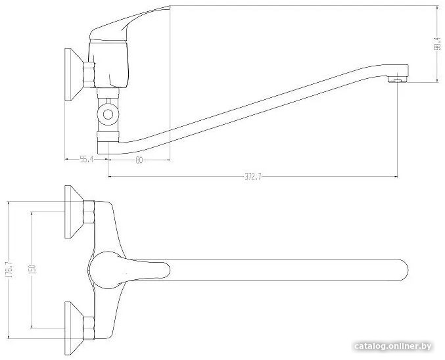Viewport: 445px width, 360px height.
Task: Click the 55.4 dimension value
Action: pyautogui.click(x=87, y=160)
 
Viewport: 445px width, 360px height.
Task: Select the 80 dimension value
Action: pyautogui.click(x=139, y=160)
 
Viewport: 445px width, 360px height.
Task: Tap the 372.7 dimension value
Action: pyautogui.click(x=253, y=177)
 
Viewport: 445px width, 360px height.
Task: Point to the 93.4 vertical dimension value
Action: pyautogui.click(x=438, y=43)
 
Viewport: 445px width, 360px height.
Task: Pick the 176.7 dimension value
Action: pyautogui.click(x=9, y=269)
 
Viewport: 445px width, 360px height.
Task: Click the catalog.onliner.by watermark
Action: pyautogui.click(x=393, y=346)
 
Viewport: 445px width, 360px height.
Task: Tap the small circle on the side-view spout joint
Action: pyautogui.click(x=108, y=114)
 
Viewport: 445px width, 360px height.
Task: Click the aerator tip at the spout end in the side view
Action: pyautogui.click(x=398, y=81)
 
